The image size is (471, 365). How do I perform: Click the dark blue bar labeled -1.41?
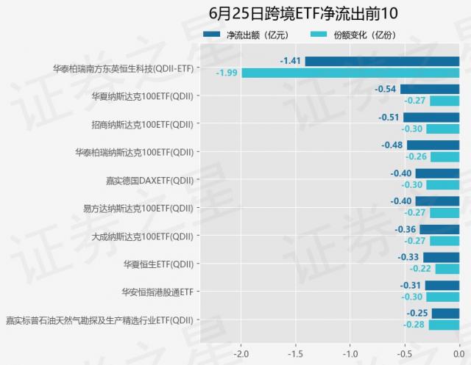(x=382, y=61)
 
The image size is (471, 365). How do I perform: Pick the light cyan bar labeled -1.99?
(x=350, y=73)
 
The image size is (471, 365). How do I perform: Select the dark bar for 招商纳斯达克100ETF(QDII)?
(x=431, y=117)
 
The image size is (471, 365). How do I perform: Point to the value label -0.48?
(x=392, y=145)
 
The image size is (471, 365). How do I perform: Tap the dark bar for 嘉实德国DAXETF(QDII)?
(x=437, y=173)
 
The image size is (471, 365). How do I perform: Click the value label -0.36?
(x=406, y=229)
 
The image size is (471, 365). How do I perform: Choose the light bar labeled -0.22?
(x=447, y=269)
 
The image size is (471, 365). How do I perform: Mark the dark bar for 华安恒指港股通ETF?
(x=442, y=285)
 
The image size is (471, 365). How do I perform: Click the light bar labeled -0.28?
(x=444, y=325)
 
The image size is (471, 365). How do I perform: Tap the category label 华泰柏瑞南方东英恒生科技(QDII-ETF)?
(x=124, y=68)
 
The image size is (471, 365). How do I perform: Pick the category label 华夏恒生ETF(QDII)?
(x=158, y=264)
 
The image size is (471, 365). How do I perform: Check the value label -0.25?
(x=417, y=313)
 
